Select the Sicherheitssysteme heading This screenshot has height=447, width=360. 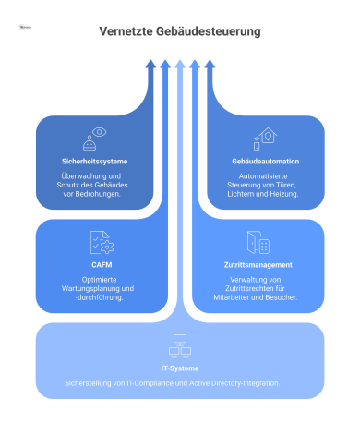pyautogui.click(x=90, y=161)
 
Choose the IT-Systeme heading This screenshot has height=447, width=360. pyautogui.click(x=179, y=367)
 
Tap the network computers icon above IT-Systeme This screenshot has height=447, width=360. pyautogui.click(x=179, y=346)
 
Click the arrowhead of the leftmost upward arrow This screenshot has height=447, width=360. pyautogui.click(x=150, y=64)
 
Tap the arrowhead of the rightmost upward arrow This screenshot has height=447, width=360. pyautogui.click(x=210, y=64)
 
